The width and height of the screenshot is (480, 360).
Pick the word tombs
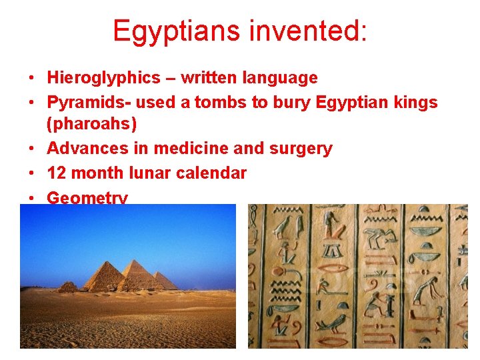point(203,103)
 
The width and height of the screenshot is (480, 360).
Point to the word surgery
point(301,148)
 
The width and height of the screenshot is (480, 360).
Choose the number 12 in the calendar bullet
point(56,173)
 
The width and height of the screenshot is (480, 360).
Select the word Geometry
point(87,197)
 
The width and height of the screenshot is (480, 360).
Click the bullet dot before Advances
point(32,149)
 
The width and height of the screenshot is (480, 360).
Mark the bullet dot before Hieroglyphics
point(32,79)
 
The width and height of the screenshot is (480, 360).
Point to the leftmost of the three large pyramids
point(104,279)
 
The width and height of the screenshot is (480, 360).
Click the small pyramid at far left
point(67,287)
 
